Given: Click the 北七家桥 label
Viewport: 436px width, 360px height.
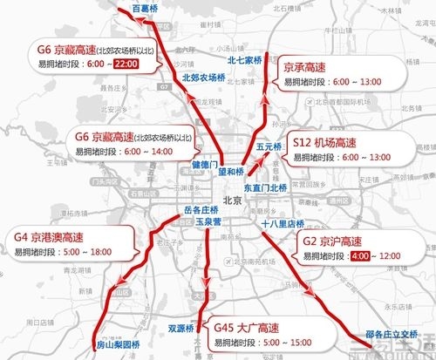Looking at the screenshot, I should pyautogui.click(x=245, y=60).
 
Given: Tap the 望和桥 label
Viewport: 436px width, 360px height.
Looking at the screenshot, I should pyautogui.click(x=230, y=172).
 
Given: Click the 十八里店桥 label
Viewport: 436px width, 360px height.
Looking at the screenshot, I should pyautogui.click(x=283, y=223).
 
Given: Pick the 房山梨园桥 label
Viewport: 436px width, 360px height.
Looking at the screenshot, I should pyautogui.click(x=117, y=344).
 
